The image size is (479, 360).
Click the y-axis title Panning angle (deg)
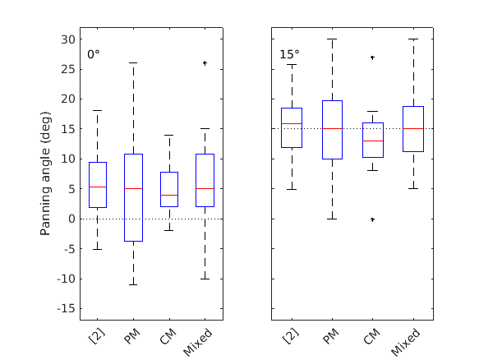tap(48, 173)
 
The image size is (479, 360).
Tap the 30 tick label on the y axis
tap(70, 39)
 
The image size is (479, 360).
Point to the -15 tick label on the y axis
tap(67, 308)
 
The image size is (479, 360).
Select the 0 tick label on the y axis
tap(72, 219)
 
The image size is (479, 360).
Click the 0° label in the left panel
tap(94, 54)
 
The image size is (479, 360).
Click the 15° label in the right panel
tap(289, 54)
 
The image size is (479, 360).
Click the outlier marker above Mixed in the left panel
tap(204, 62)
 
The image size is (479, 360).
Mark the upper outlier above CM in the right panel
tap(372, 58)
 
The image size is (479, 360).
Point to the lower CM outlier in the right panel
tap(372, 219)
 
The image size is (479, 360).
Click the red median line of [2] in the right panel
tap(292, 123)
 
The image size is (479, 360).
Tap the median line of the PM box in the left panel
tap(133, 188)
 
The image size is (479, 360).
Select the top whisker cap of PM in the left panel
tap(133, 62)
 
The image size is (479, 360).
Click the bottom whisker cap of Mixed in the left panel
tap(204, 279)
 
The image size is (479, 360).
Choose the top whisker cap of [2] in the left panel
tap(97, 111)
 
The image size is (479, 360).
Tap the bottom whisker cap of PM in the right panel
tap(333, 219)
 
